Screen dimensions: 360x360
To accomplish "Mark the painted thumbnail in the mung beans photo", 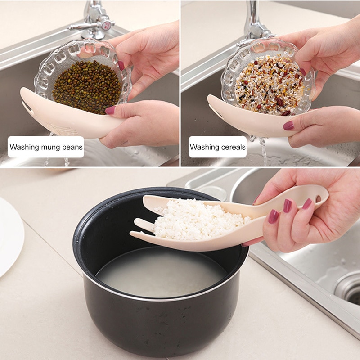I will pyautogui.click(x=110, y=110).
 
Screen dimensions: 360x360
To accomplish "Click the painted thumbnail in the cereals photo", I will pyautogui.click(x=288, y=125).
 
